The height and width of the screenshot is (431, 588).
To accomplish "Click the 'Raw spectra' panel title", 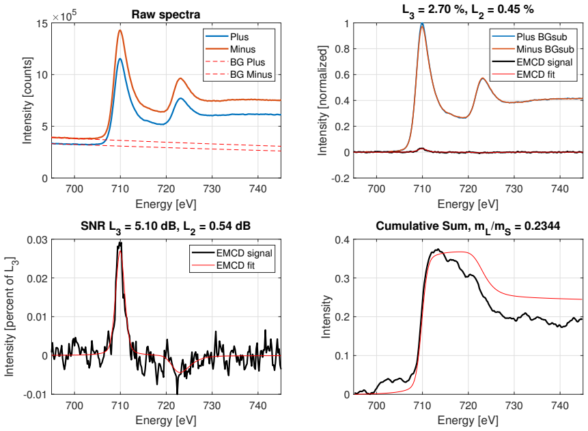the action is tap(166, 14).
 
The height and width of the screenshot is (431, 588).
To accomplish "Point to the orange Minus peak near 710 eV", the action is tap(120, 31).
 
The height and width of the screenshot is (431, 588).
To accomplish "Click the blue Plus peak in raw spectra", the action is tap(120, 59).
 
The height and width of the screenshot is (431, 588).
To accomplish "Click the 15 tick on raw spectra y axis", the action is tap(42, 24).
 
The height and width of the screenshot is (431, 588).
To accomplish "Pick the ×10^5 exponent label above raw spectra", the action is tap(64, 16).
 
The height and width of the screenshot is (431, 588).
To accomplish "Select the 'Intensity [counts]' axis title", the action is tap(27, 100).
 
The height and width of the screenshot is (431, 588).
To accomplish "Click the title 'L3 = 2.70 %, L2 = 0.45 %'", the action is tap(468, 10).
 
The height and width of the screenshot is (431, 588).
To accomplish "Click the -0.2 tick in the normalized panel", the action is tap(340, 178).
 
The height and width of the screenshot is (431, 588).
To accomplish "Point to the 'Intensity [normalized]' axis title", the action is tap(322, 100).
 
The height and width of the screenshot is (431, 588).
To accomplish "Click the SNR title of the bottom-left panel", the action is tap(166, 226).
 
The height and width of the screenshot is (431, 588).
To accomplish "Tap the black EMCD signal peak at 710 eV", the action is tap(120, 244).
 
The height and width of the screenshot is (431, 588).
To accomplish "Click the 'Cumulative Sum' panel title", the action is tap(468, 226).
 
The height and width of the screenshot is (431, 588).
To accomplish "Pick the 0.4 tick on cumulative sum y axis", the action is tap(342, 239).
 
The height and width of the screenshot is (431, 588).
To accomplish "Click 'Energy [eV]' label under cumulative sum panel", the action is tap(468, 421).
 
